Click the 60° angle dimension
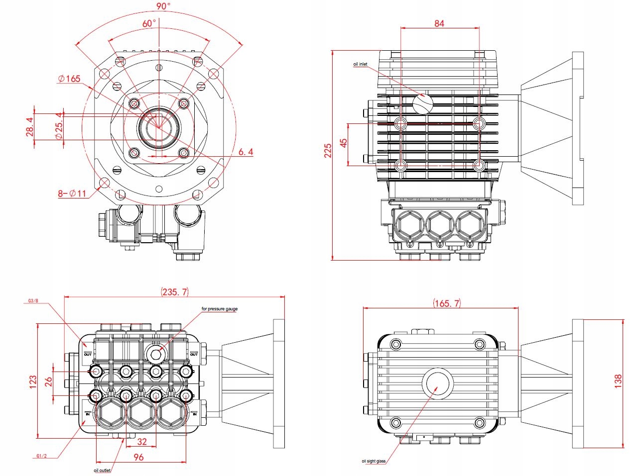pyautogui.click(x=149, y=23)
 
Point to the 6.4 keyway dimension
pyautogui.click(x=245, y=152)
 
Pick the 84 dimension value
pyautogui.click(x=438, y=23)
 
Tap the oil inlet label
pyautogui.click(x=361, y=64)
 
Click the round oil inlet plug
pyautogui.click(x=422, y=103)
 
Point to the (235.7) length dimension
pyautogui.click(x=174, y=292)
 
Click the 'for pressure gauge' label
pyautogui.click(x=220, y=309)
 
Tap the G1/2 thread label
pyautogui.click(x=42, y=456)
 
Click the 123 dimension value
pyautogui.click(x=33, y=381)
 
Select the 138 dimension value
pyautogui.click(x=619, y=381)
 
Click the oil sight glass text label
pyautogui.click(x=374, y=461)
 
